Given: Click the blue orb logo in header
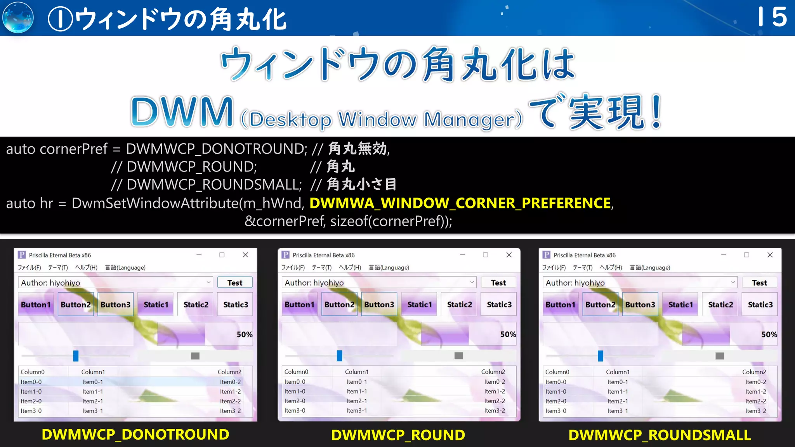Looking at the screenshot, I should coord(18,18).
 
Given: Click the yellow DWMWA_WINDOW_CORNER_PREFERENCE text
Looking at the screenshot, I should coord(460,203).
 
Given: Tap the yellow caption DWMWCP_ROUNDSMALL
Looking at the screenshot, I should coord(660,435).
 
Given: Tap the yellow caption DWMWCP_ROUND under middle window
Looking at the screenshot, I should coord(398,435).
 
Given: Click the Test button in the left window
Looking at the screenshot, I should coord(235,282).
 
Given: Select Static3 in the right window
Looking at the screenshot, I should coord(760,305).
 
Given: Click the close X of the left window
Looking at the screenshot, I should coord(245,255).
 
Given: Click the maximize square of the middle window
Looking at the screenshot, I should coord(485,255).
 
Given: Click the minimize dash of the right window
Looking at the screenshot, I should coord(724,255).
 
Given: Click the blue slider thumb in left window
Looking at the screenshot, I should coord(76,356).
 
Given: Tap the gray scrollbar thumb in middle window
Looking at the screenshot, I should coord(459,356).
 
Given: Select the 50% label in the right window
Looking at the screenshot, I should coord(769,334).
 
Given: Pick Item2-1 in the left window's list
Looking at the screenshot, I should coord(92,401).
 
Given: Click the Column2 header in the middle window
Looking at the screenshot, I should coord(493,372).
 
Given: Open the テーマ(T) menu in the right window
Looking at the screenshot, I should coord(582,267).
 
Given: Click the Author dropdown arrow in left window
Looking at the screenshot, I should coord(208,282).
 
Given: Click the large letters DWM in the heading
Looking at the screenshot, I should coord(182,113).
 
